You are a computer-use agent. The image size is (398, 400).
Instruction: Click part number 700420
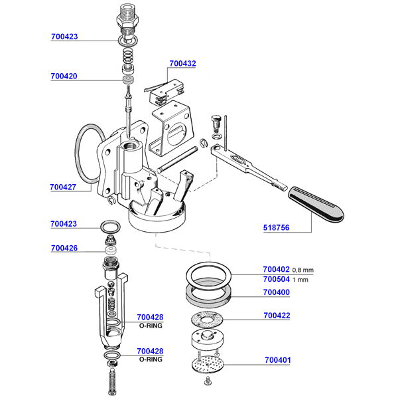(64, 76)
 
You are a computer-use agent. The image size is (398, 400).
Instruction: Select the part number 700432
(182, 64)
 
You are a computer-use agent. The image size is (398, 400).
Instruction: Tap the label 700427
(64, 187)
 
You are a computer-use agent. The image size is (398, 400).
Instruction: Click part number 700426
(64, 249)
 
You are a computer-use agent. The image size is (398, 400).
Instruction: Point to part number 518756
(277, 227)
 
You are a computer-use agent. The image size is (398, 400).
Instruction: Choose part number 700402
(277, 269)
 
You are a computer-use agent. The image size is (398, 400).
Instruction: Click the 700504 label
(277, 279)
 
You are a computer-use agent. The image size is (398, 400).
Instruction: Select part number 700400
(277, 292)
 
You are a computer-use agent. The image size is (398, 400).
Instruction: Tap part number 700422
(277, 316)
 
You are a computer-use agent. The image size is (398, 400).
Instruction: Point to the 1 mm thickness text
(301, 280)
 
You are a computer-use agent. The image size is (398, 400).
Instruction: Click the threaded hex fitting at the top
(127, 19)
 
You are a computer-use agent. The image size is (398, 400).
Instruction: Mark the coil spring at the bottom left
(111, 383)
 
